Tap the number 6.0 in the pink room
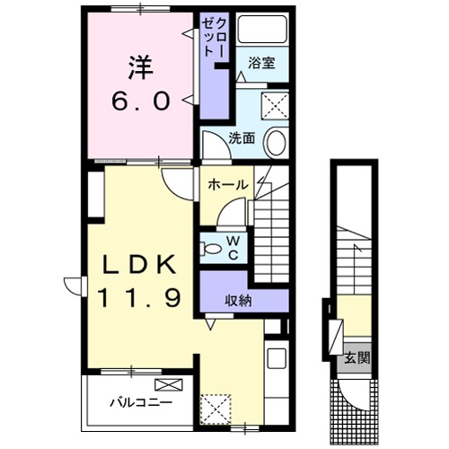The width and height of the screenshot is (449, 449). (140, 101)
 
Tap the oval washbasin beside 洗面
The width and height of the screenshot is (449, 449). (277, 142)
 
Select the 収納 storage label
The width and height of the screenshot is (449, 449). (238, 301)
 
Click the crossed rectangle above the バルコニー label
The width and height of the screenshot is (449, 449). (173, 384)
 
